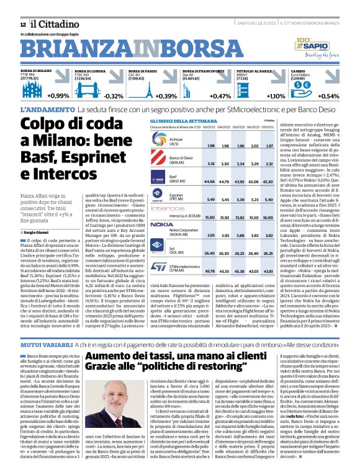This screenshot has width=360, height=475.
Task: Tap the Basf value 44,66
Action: pyautogui.click(x=210, y=182)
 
